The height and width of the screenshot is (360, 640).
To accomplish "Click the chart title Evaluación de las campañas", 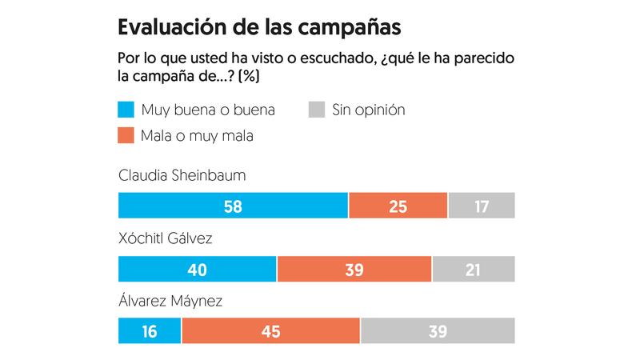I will click(x=259, y=26).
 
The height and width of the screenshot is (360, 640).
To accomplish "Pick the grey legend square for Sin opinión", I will click(x=316, y=110).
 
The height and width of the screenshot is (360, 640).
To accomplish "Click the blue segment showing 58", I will click(x=233, y=206).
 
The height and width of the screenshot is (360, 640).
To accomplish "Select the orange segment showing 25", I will click(x=398, y=206).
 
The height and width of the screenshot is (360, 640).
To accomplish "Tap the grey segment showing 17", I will click(x=482, y=206).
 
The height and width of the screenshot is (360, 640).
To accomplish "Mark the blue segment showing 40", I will click(x=197, y=269).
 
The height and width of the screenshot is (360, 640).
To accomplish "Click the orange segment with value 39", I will click(x=354, y=269).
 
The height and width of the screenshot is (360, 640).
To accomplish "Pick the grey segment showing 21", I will click(x=473, y=269).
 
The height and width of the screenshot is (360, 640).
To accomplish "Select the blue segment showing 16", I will click(x=150, y=330).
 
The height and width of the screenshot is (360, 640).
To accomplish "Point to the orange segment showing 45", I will click(x=271, y=330).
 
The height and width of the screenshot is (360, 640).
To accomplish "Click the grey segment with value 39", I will click(x=438, y=330).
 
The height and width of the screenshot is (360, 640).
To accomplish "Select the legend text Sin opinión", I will click(x=369, y=110).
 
